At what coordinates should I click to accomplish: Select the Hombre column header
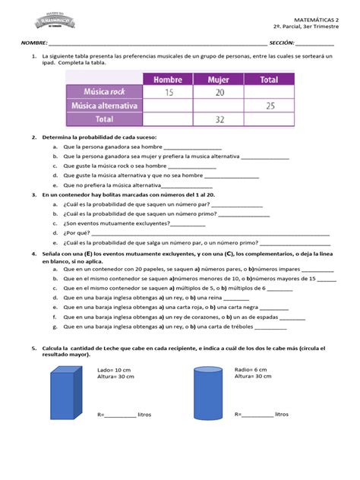(x=168, y=79)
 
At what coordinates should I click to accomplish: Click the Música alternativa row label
(x=105, y=106)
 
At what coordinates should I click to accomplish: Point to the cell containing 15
(x=168, y=92)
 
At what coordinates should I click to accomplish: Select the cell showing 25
(x=269, y=106)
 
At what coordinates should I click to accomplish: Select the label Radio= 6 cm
(x=251, y=370)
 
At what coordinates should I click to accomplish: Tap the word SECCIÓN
(x=280, y=43)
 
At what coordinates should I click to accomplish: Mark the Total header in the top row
(x=269, y=79)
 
